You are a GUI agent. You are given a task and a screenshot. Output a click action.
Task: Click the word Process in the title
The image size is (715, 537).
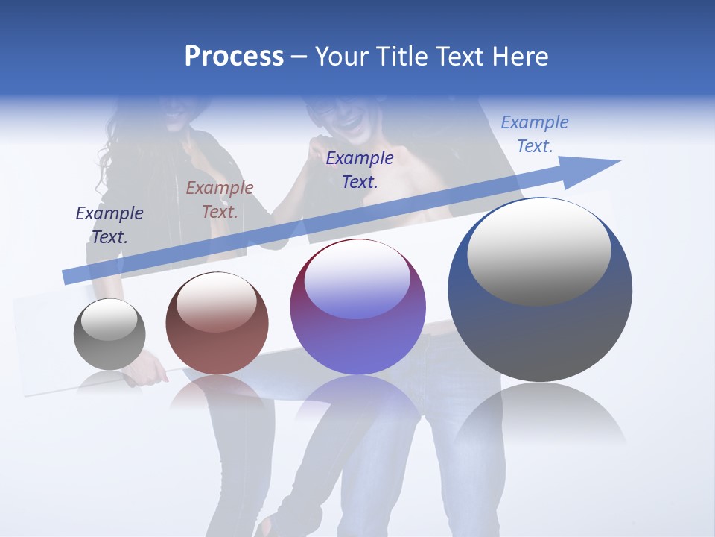[234, 57]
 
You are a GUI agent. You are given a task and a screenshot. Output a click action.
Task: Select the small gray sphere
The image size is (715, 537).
[109, 335]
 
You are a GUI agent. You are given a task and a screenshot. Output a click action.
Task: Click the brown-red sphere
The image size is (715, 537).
[217, 324]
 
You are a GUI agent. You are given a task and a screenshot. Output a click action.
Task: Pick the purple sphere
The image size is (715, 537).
[358, 307]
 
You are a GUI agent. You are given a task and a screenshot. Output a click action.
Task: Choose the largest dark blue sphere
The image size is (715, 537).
[540, 290]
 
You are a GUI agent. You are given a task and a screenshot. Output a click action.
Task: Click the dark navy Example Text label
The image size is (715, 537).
[109, 225]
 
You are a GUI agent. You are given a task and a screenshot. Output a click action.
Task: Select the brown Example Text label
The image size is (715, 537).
[220, 200]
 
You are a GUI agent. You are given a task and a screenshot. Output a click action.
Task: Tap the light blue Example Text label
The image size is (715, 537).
[535, 134]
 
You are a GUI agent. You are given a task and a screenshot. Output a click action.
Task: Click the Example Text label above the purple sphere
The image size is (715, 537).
[360, 169]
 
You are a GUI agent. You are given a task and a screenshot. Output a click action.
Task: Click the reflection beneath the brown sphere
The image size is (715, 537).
[217, 392]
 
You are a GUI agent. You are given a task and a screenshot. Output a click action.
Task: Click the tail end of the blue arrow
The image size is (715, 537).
[69, 276]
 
